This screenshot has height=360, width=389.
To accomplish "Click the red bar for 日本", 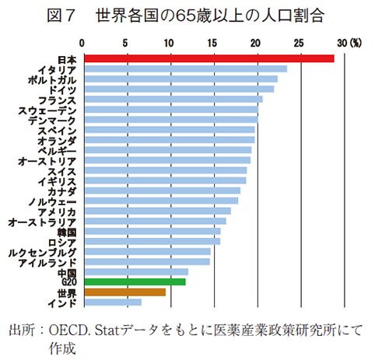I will [x=208, y=58].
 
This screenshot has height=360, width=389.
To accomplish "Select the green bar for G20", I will [x=134, y=281].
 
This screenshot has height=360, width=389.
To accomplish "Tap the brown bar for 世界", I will [x=124, y=292].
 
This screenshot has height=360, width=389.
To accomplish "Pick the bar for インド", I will [x=112, y=302].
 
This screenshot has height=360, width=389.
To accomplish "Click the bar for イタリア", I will [x=184, y=69].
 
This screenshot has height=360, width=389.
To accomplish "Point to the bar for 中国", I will [x=135, y=271].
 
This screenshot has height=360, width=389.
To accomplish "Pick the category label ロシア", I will [x=61, y=241].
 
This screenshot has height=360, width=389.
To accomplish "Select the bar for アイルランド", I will [x=146, y=261].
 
